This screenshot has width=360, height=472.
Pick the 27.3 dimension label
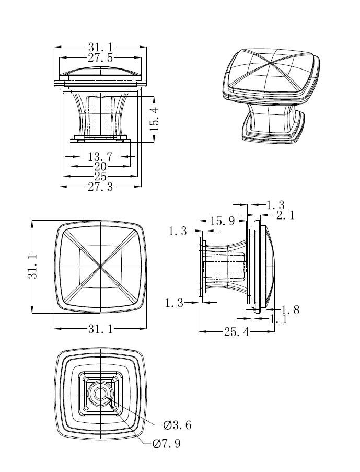[x=100, y=187]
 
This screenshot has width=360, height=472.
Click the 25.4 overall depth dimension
[x=237, y=331]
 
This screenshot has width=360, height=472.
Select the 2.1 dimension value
[x=285, y=215]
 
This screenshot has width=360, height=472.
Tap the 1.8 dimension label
[x=290, y=309]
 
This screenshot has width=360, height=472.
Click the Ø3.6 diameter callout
[x=177, y=425]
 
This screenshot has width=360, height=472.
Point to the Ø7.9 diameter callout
[x=167, y=444]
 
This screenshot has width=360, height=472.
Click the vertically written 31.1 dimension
[x=32, y=267]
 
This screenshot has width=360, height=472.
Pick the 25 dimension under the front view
[x=100, y=177]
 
